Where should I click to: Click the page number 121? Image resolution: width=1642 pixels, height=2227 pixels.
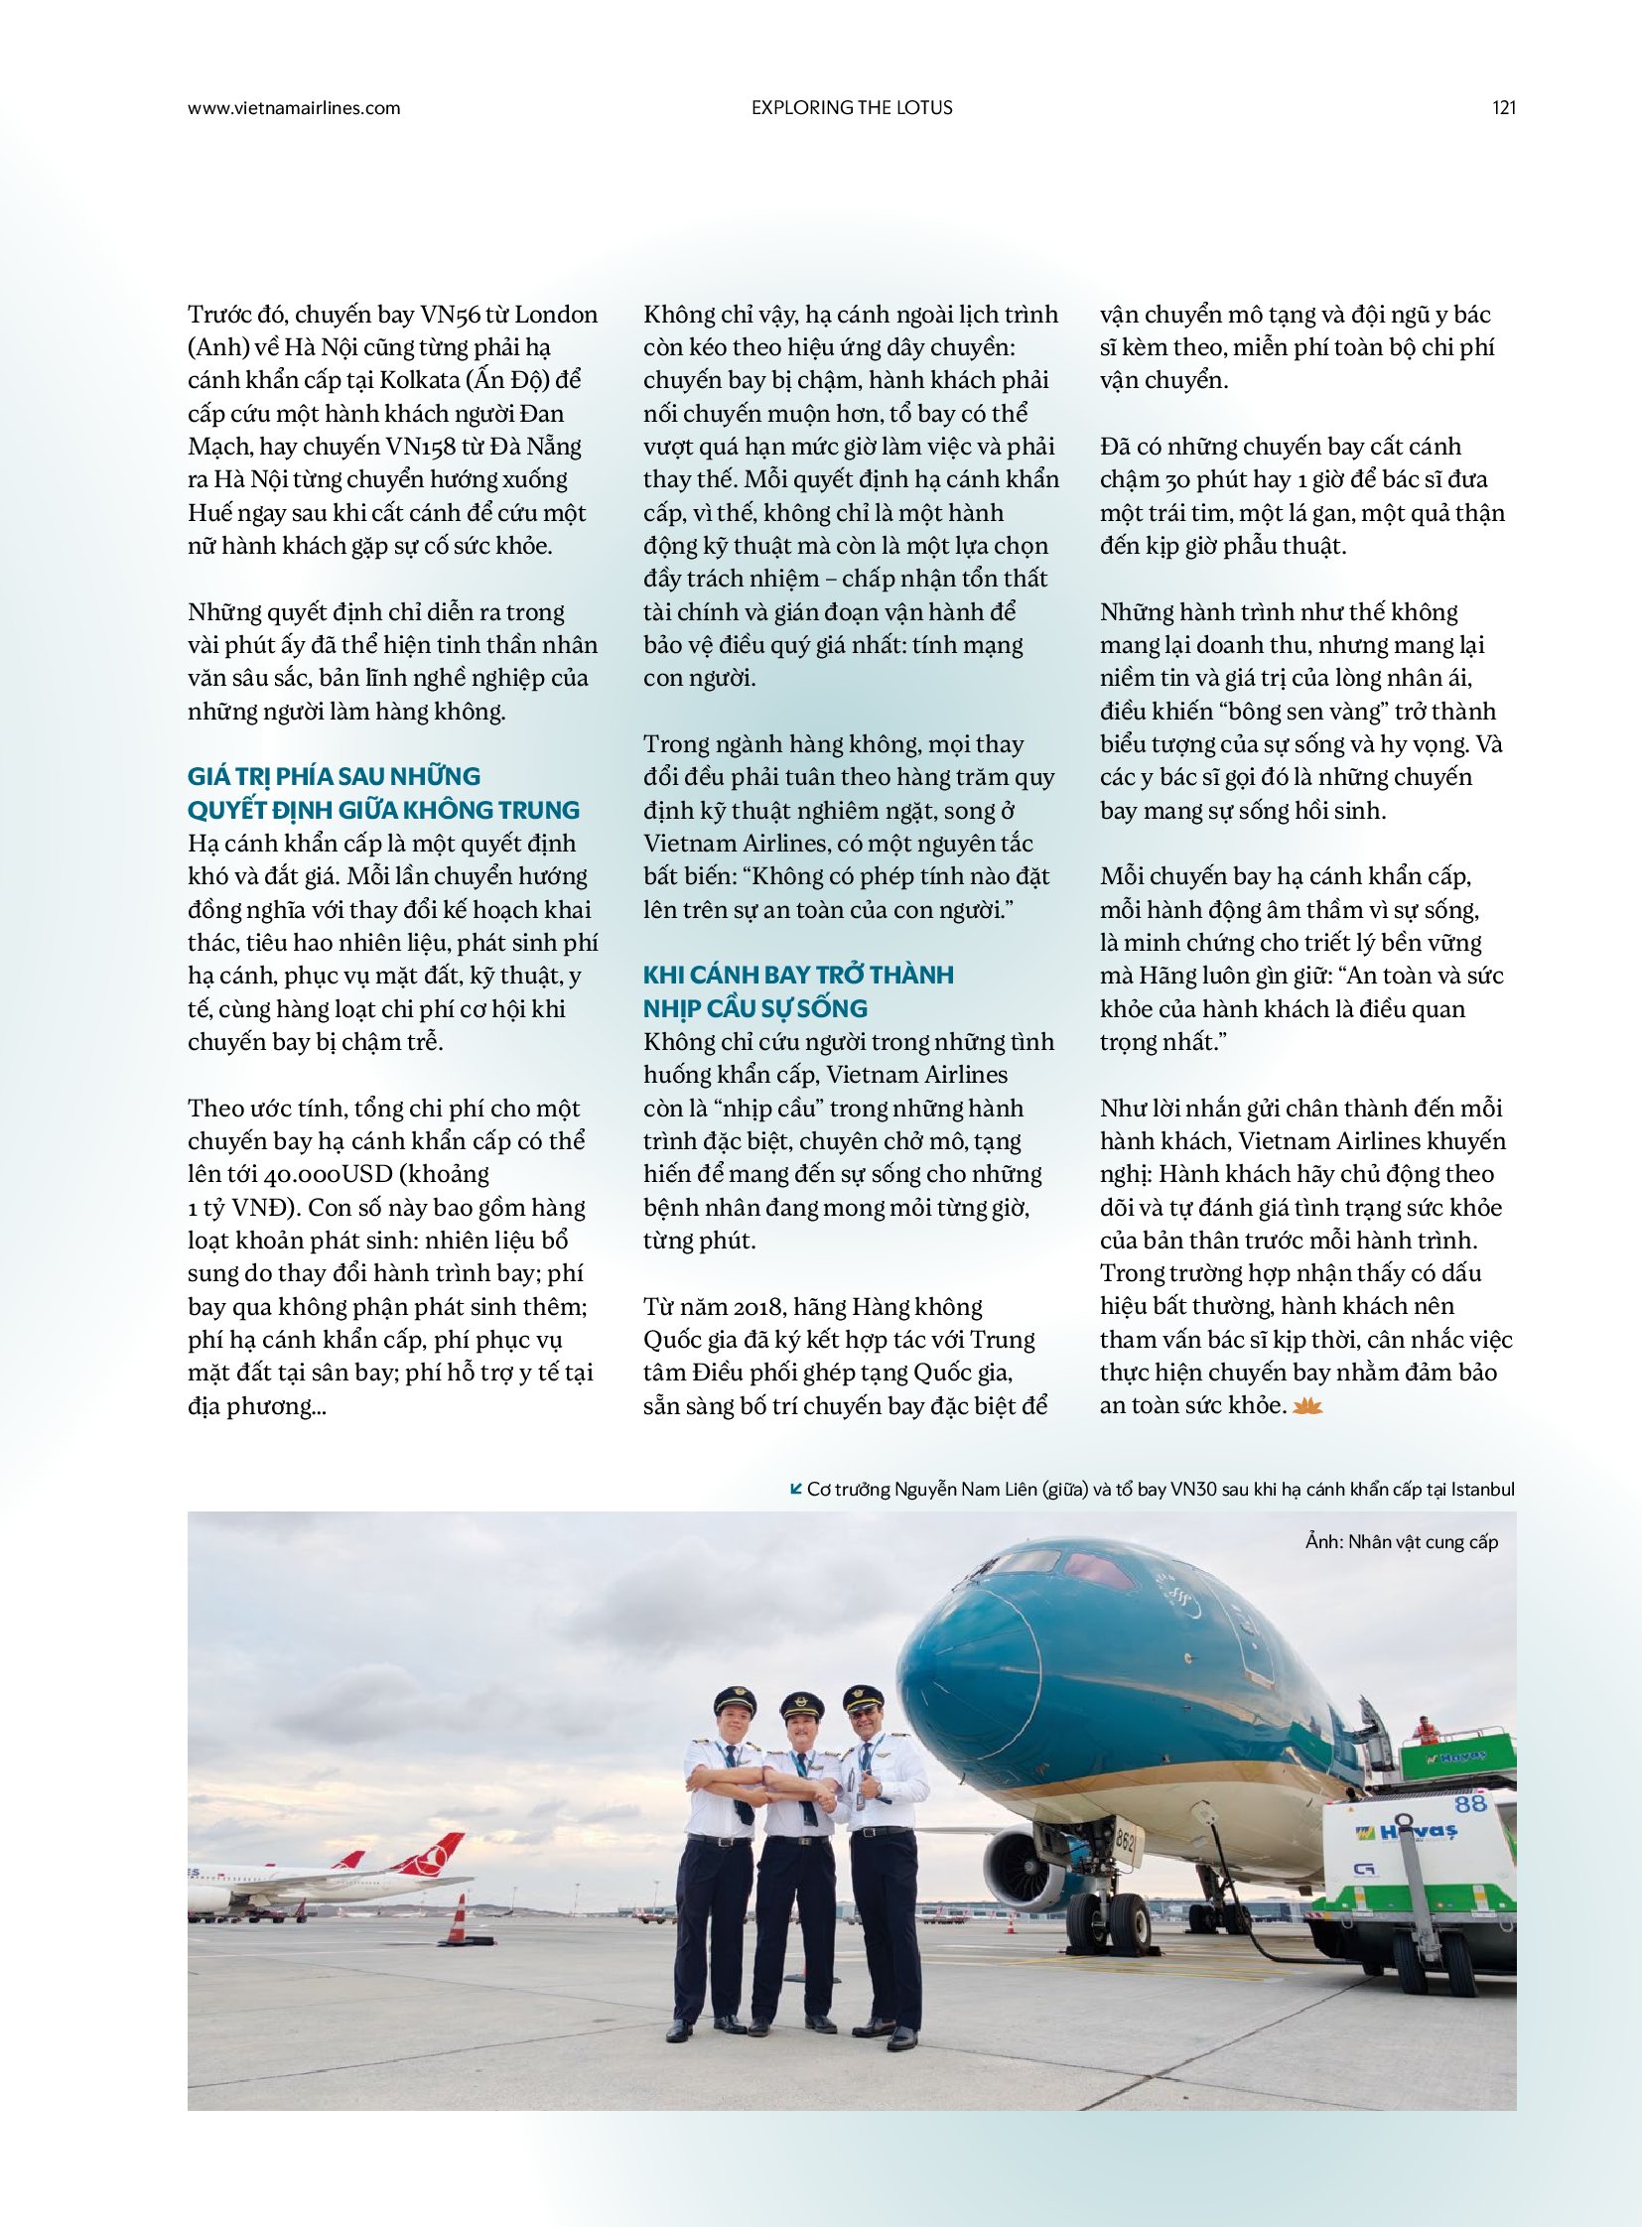[1504, 108]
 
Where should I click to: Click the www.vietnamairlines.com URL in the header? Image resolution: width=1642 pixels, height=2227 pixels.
[293, 108]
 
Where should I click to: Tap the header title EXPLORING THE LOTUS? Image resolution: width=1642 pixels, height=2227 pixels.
[852, 108]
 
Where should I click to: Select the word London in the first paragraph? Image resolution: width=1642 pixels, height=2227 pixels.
[558, 315]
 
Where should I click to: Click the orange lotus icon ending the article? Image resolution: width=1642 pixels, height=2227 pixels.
[1308, 1406]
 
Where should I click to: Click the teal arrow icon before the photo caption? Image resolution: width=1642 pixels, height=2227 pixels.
[795, 1489]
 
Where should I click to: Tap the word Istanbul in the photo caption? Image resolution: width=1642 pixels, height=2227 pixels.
[1483, 1490]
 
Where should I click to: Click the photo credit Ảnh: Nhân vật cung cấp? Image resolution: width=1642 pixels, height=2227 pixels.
[1402, 1542]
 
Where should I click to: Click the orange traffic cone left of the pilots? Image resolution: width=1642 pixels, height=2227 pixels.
[457, 1917]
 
